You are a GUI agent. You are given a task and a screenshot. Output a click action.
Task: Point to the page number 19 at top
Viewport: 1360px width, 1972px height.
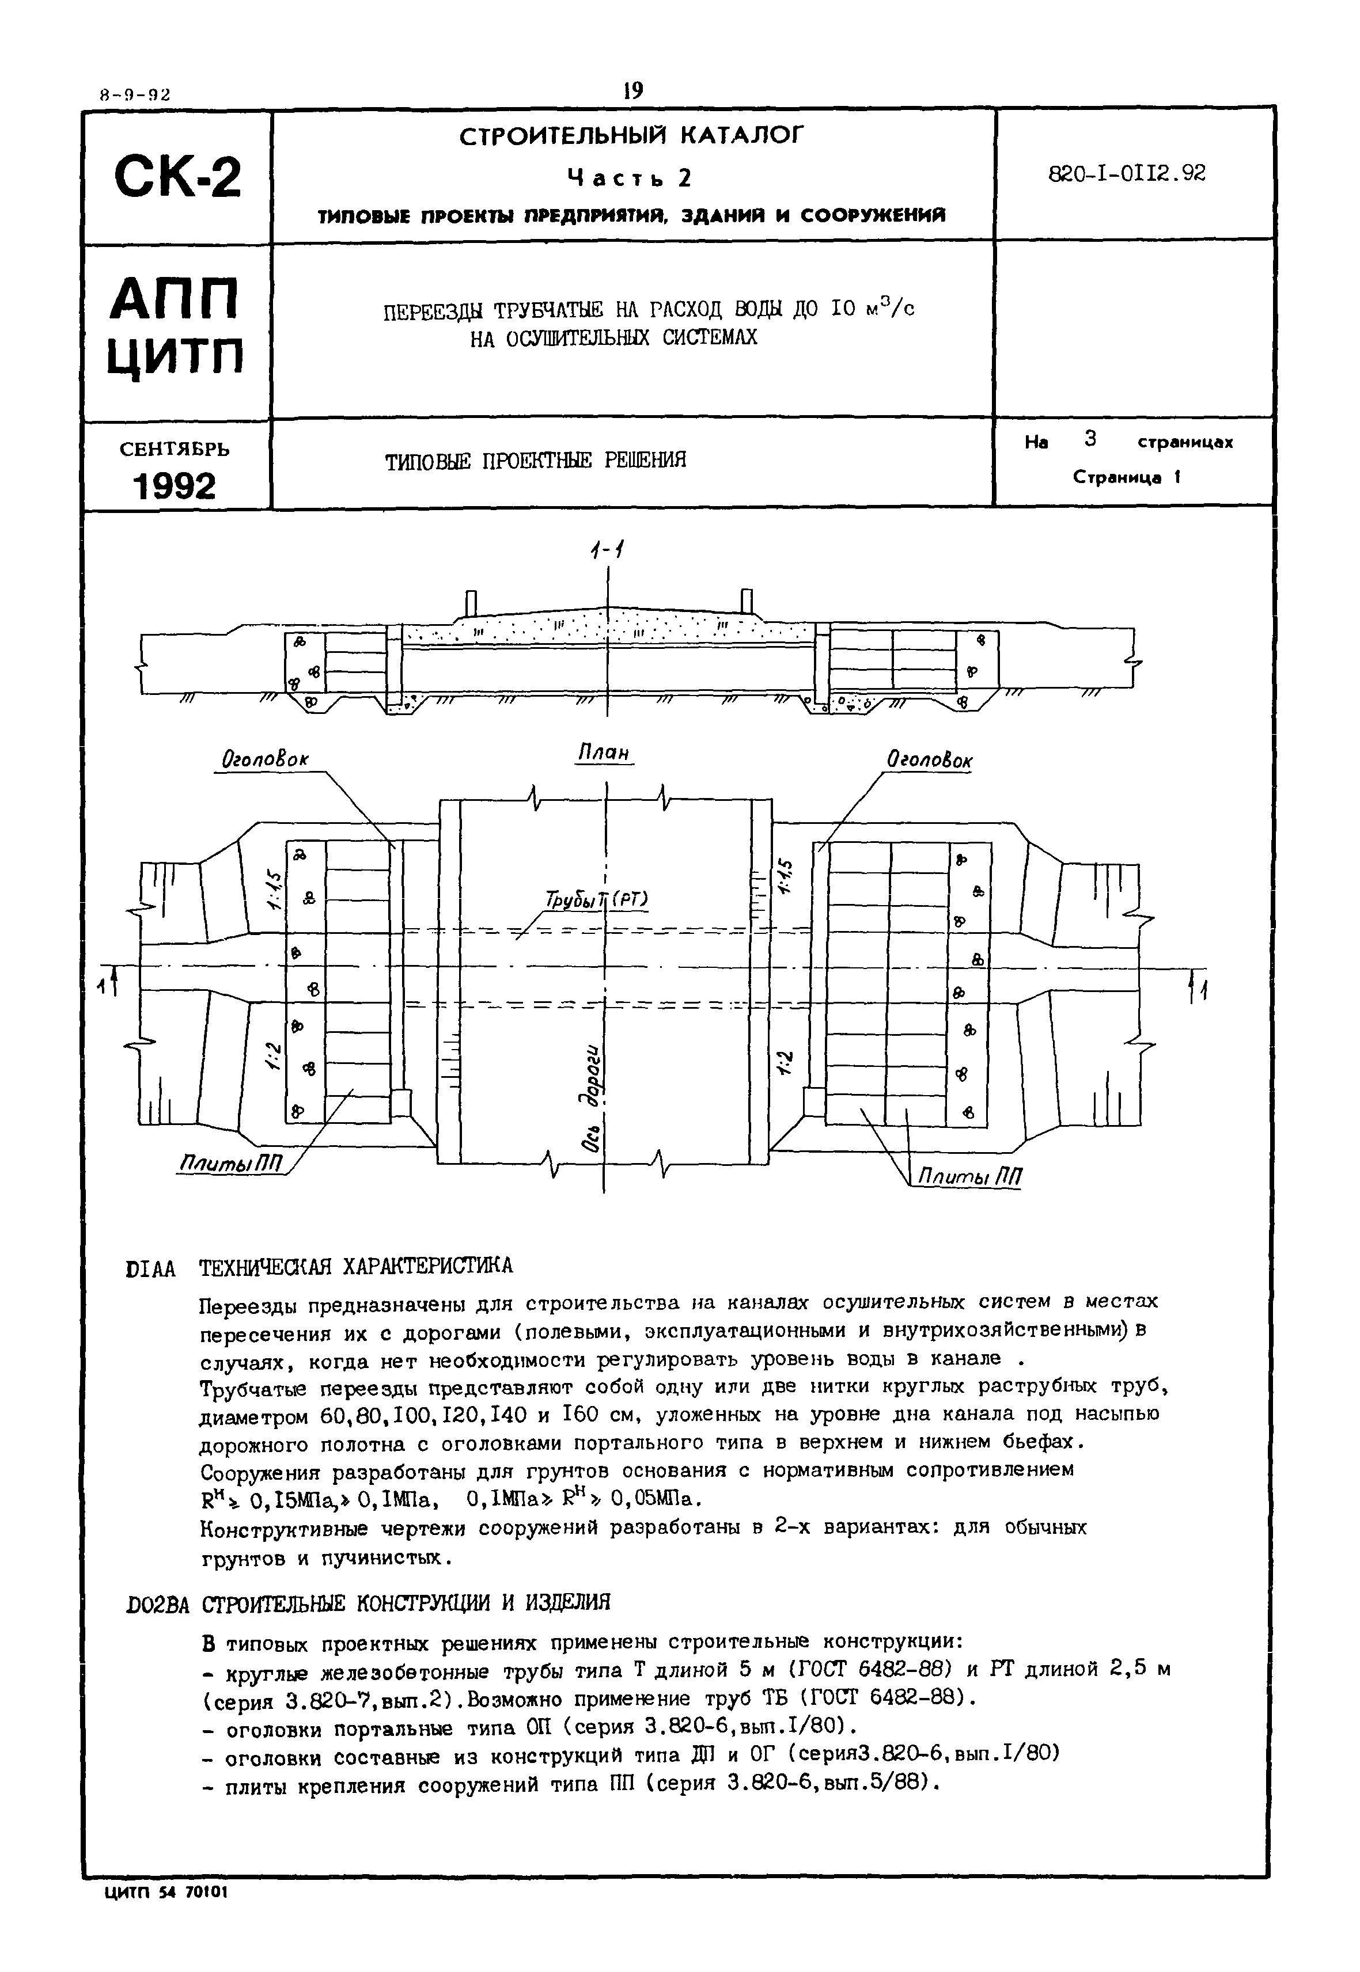click(633, 90)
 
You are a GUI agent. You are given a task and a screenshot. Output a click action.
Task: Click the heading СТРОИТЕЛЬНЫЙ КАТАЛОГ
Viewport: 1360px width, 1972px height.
click(631, 136)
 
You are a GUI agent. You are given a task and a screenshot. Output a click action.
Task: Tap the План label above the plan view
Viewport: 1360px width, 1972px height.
click(604, 754)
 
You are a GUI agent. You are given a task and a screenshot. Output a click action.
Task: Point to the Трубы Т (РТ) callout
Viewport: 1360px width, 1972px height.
click(597, 900)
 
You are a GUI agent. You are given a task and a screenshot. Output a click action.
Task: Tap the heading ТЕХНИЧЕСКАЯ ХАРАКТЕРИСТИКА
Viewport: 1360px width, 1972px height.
click(356, 1267)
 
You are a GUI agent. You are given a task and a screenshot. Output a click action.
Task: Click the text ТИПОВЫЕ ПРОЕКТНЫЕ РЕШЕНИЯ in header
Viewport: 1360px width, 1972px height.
click(535, 462)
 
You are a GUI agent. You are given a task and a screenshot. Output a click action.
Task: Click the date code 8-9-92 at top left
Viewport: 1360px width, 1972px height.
click(135, 96)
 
